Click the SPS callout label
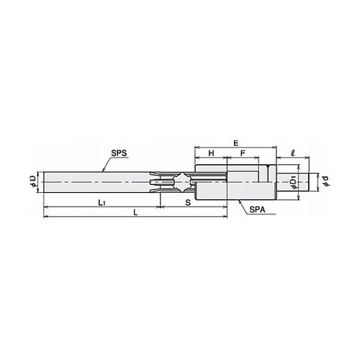click(x=119, y=153)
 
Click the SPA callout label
click(x=257, y=210)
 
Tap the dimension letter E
click(x=236, y=143)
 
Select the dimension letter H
click(x=211, y=153)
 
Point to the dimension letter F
click(x=243, y=153)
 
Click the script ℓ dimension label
click(x=292, y=153)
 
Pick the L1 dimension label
click(x=102, y=203)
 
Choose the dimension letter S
click(x=189, y=203)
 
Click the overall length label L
click(x=135, y=212)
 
